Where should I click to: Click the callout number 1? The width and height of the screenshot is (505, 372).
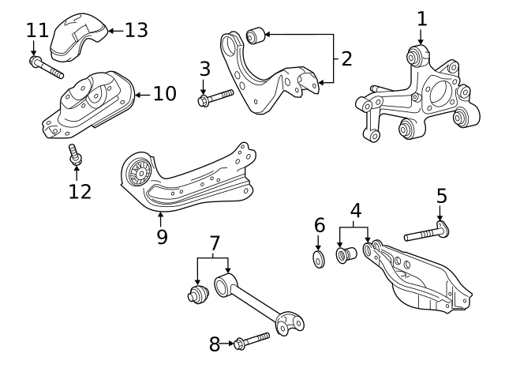click(421, 17)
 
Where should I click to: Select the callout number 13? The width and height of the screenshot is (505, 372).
click(136, 31)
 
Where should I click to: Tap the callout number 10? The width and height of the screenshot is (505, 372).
click(164, 95)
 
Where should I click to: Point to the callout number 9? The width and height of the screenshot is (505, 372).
click(161, 236)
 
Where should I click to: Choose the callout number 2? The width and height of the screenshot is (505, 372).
click(346, 58)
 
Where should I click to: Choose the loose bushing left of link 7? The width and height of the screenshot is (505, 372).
click(195, 295)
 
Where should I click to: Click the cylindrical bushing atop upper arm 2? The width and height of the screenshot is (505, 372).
click(255, 36)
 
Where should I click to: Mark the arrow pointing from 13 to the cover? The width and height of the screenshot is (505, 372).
click(114, 31)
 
